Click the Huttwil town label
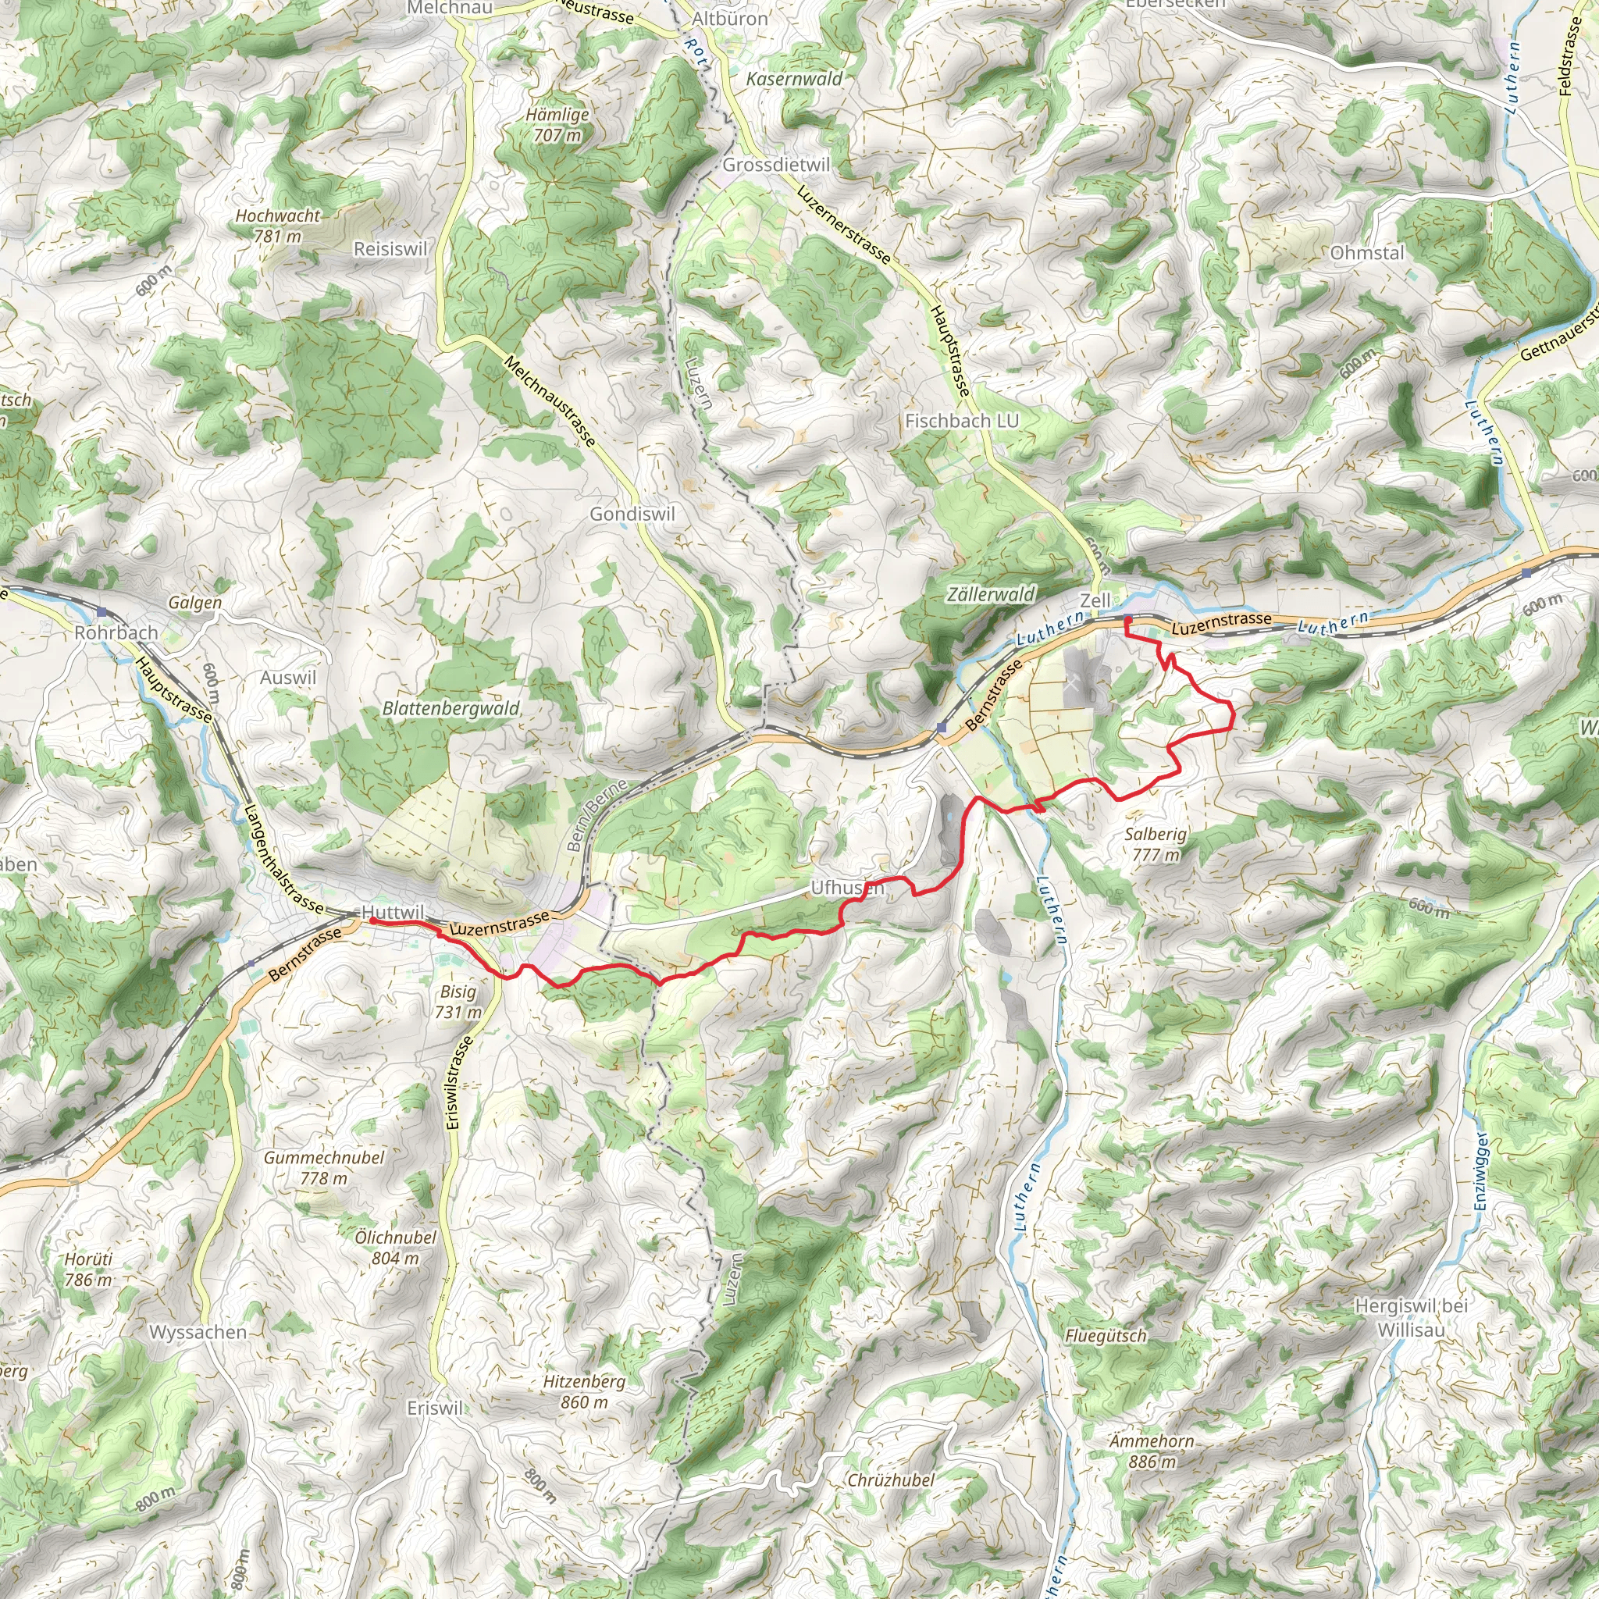[394, 912]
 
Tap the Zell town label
[1095, 600]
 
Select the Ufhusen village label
[846, 888]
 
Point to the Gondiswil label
[632, 514]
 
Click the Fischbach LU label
[962, 421]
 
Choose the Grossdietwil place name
[775, 165]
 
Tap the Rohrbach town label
[116, 632]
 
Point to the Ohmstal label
[1367, 252]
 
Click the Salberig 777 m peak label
[1156, 844]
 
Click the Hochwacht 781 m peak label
[277, 225]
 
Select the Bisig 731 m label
[458, 1002]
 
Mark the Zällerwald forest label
[991, 593]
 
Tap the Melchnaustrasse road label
[550, 401]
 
